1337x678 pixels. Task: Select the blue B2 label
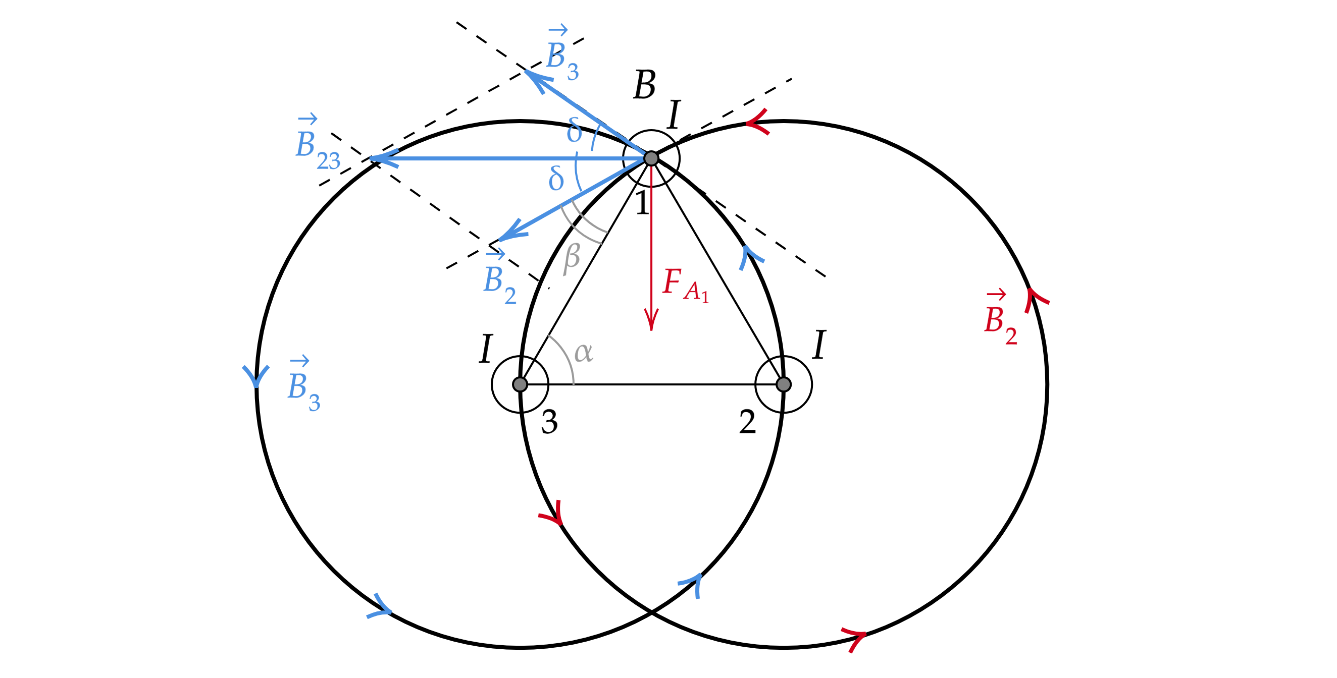point(499,280)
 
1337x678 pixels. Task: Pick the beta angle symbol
point(572,258)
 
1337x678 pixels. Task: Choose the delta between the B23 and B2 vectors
point(556,179)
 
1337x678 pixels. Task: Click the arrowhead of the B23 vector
point(382,158)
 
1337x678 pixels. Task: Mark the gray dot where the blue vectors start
point(651,158)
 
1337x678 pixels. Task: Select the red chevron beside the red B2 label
point(1036,300)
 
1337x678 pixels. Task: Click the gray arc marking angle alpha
point(566,358)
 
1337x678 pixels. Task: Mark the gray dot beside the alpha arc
point(520,384)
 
